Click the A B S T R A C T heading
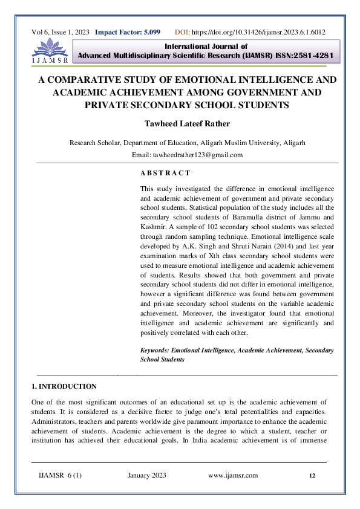165,173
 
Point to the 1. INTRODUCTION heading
64,386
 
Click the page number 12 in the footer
312,476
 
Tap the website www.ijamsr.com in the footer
233,476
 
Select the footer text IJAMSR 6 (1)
60,476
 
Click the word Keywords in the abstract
154,350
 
